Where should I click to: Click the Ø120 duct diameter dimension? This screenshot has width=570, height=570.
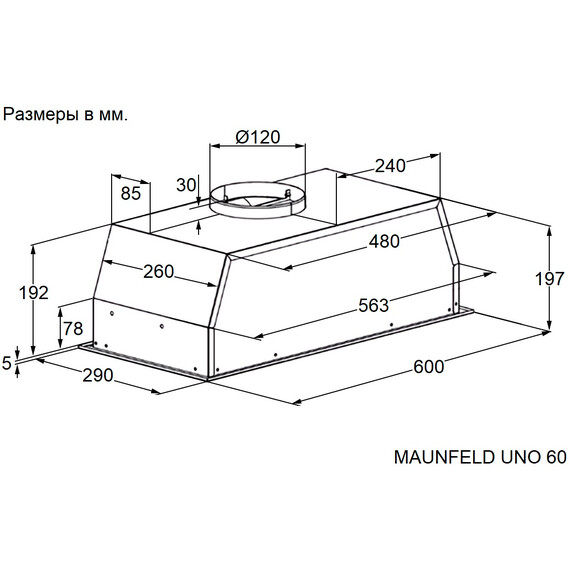point(258,137)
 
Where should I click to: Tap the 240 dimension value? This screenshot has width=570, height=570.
point(390,166)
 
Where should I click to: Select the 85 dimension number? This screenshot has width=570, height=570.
point(131,193)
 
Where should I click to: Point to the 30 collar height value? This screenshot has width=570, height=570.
point(186,185)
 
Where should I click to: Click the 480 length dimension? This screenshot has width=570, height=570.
point(384,241)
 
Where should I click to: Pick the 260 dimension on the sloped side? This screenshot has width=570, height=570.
point(158,272)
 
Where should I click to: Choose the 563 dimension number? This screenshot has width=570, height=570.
point(374,305)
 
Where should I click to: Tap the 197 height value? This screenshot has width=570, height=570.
point(549,279)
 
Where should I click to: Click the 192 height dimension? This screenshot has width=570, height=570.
point(33,293)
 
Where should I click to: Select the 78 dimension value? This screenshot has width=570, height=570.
point(73,329)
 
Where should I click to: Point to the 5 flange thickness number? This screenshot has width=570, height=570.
point(7,363)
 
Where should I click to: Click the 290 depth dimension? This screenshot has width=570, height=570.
point(98,375)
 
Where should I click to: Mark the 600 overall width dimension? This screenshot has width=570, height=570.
point(429,367)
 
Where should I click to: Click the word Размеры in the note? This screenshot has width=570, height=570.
point(41,115)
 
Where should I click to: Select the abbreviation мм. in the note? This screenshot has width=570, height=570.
point(113,116)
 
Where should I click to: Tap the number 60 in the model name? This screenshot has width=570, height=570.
point(556,457)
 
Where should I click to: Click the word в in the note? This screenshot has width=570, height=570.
point(88,116)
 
